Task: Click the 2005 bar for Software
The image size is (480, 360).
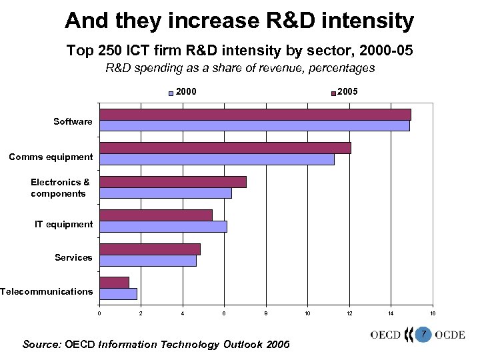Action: point(255,115)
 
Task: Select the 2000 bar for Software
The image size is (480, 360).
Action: point(255,126)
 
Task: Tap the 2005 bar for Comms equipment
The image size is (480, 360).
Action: point(225,148)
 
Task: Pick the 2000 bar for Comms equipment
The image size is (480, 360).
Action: point(217,159)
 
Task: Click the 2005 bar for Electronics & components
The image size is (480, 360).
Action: point(173,182)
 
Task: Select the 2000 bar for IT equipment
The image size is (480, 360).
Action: point(163,227)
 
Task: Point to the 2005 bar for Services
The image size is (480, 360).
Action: point(150,249)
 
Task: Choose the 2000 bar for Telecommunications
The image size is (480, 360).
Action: point(118,294)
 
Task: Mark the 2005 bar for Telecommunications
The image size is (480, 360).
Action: point(114,283)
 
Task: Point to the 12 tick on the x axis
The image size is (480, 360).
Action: point(349,313)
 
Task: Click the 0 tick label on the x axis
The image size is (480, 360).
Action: point(99,313)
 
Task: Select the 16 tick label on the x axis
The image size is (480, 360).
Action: point(433,313)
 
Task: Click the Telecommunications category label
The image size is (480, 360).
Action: point(46,291)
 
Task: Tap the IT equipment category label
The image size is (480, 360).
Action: point(64,224)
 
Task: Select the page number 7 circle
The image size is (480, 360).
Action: point(422,333)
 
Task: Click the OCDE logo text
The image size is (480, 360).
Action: point(449,334)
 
